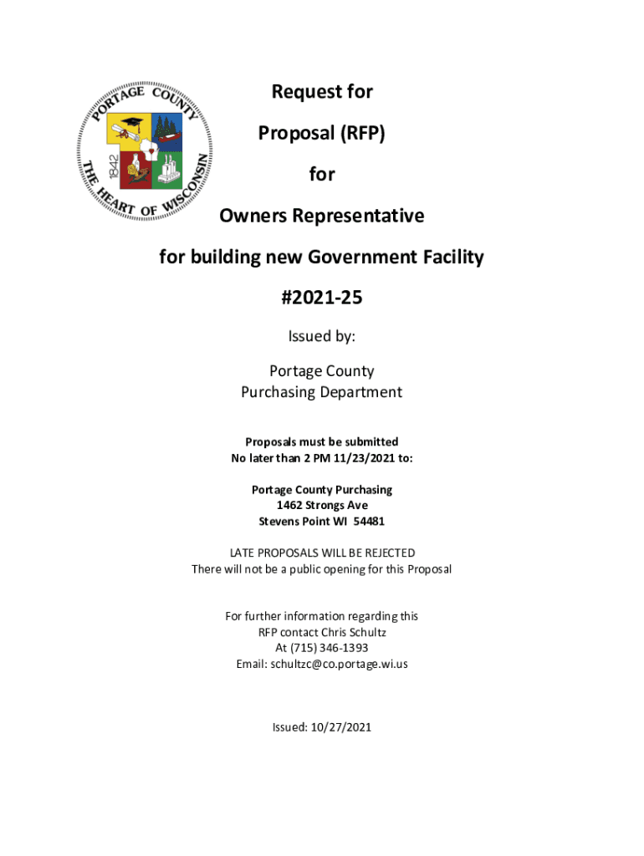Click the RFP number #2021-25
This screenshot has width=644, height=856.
point(322,298)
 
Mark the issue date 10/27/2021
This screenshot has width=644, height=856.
point(339,727)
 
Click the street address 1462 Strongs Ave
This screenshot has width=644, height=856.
point(322,505)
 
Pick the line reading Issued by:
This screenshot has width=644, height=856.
point(322,336)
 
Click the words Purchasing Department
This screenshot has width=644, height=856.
point(322,392)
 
